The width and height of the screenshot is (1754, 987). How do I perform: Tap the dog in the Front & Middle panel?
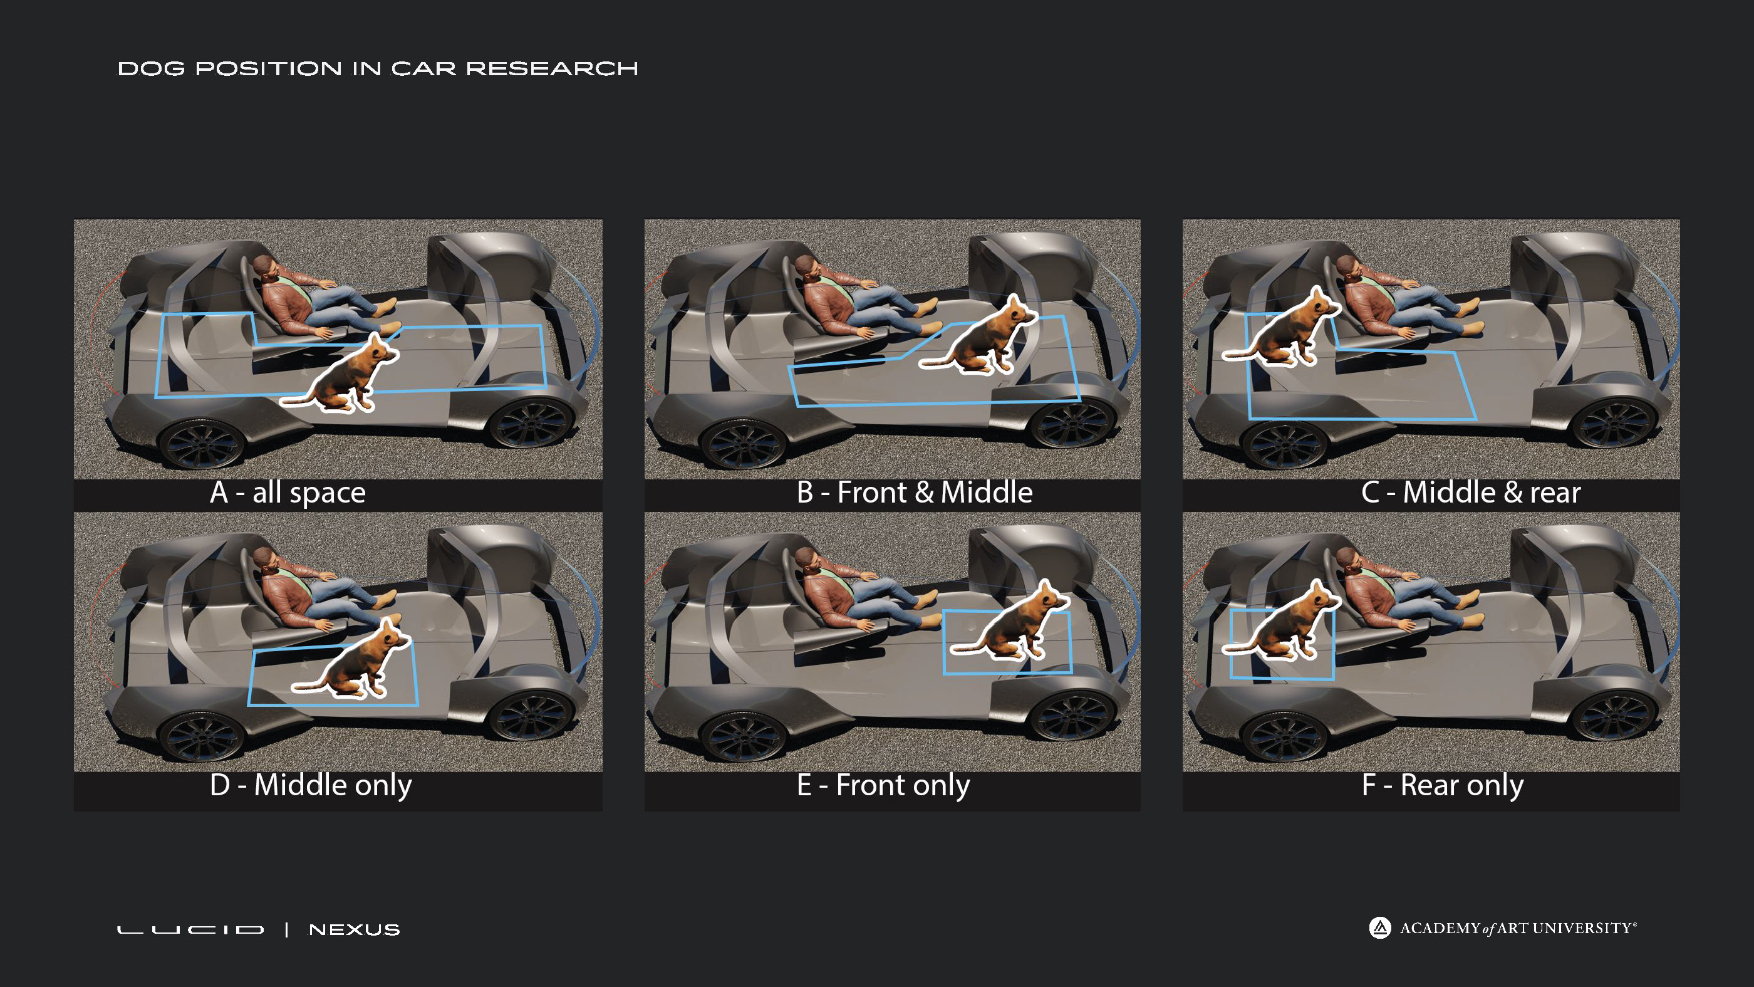click(x=980, y=337)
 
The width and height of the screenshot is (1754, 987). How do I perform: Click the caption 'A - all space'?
click(x=288, y=493)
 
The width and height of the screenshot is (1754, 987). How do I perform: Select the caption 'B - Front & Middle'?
click(x=915, y=493)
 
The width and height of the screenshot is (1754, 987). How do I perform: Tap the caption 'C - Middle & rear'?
click(x=1471, y=493)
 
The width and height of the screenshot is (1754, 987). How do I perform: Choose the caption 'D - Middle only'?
click(x=311, y=785)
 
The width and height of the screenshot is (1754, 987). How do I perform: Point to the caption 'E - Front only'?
click(x=883, y=785)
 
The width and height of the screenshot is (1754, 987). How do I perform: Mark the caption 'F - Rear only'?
click(x=1442, y=785)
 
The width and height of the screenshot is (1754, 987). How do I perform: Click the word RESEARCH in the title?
click(x=551, y=69)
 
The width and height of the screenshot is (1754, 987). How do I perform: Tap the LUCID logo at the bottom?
click(x=190, y=930)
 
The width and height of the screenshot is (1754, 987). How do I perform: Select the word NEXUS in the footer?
click(x=354, y=930)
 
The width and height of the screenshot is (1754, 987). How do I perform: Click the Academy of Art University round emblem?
click(x=1379, y=927)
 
